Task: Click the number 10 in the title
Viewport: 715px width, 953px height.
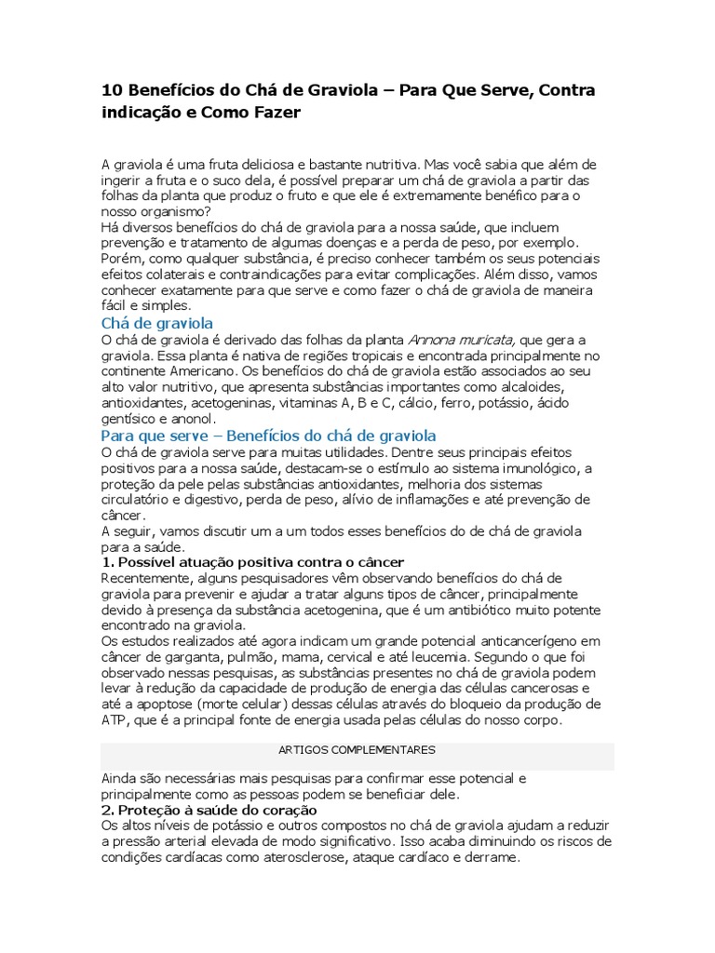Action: click(x=111, y=91)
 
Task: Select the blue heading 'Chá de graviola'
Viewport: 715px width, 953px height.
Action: click(x=156, y=323)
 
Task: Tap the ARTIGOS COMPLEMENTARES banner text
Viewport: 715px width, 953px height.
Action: click(x=357, y=749)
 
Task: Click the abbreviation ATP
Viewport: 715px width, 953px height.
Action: click(x=115, y=720)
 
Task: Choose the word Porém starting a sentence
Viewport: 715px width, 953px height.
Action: click(x=120, y=259)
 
